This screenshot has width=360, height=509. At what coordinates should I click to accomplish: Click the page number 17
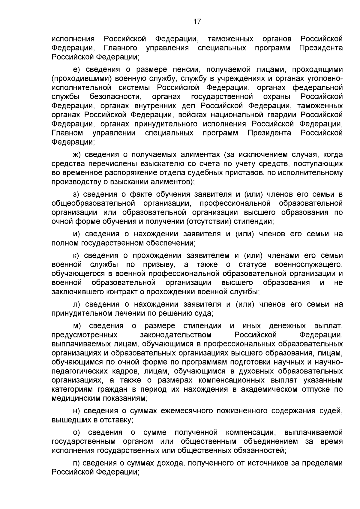pos(197,22)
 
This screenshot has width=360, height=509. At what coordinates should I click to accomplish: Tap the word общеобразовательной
pos(93,203)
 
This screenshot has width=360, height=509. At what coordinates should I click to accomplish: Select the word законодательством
pos(175,335)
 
